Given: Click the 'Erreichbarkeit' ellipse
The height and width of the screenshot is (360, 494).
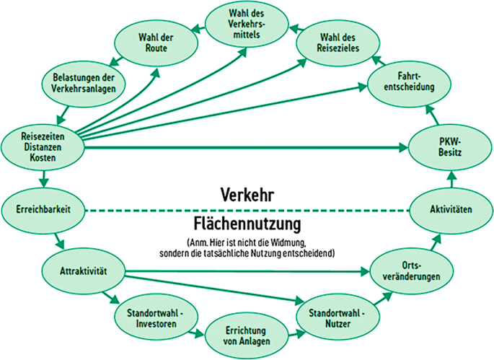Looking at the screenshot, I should pyautogui.click(x=44, y=209).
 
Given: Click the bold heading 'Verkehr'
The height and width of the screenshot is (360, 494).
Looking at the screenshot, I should pyautogui.click(x=247, y=196).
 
